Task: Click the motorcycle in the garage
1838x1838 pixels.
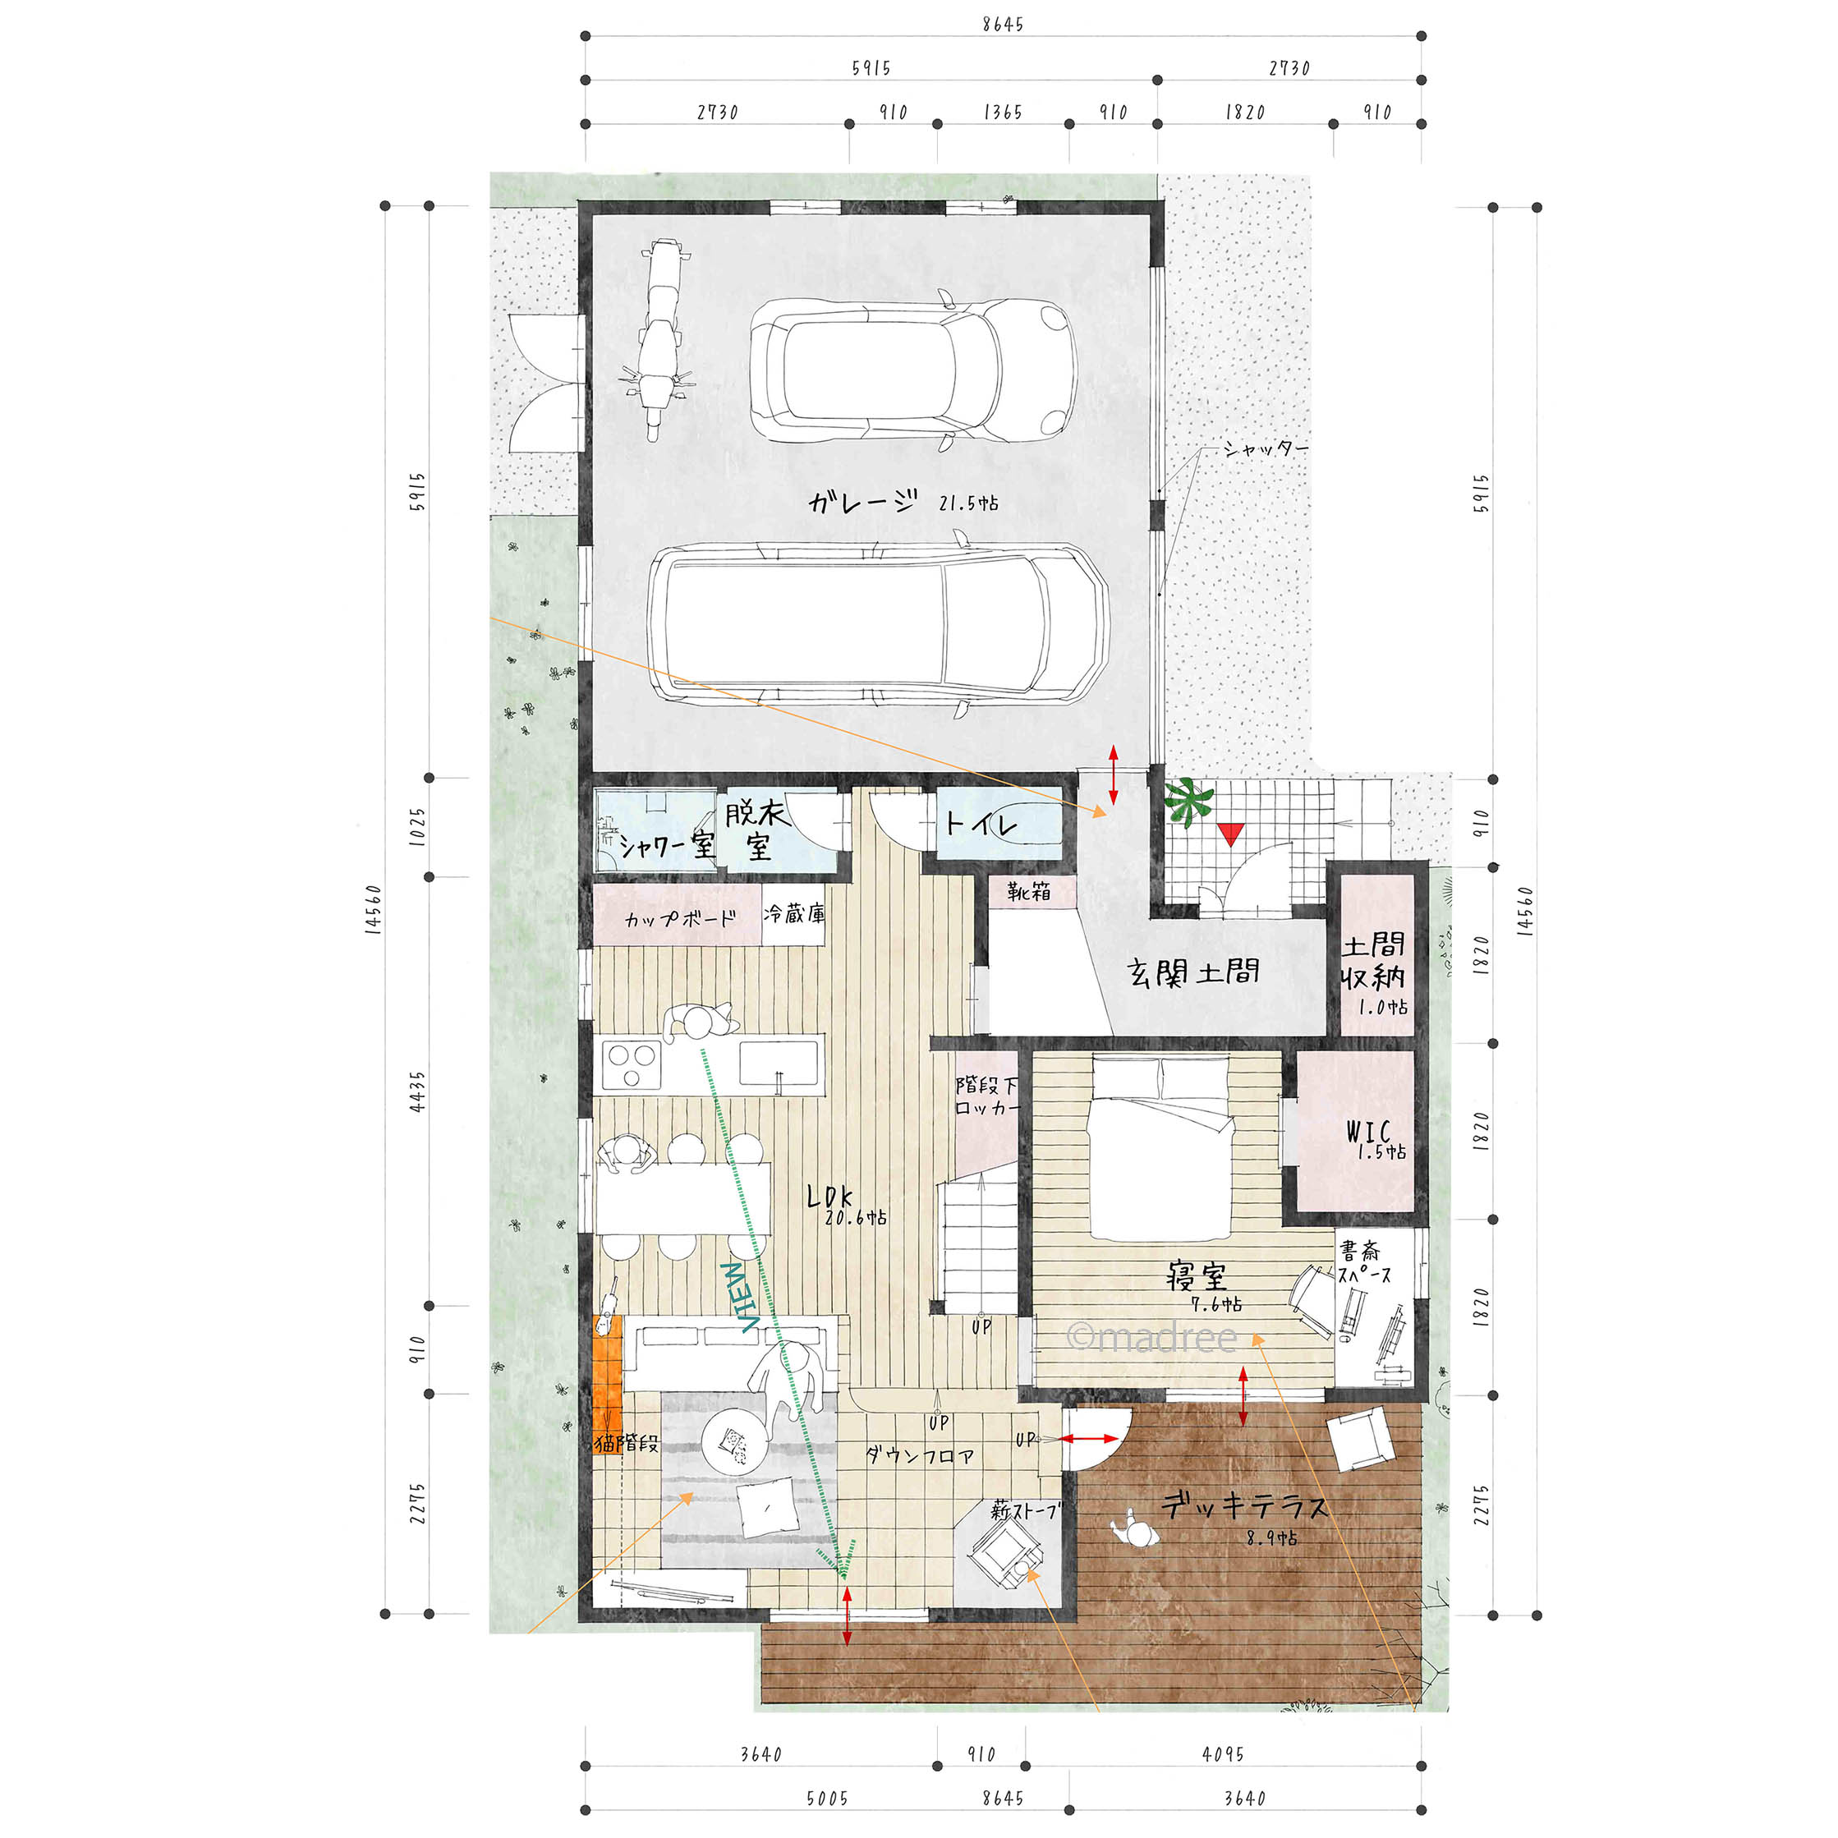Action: (x=654, y=340)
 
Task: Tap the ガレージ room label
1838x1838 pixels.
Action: (x=864, y=501)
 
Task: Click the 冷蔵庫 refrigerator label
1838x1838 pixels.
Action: (x=794, y=914)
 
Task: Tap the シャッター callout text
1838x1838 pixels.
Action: (x=1266, y=448)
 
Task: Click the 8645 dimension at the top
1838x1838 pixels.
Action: (x=1003, y=24)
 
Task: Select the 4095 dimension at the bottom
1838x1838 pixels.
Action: (x=1223, y=1753)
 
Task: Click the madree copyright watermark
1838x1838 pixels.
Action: (x=1152, y=1338)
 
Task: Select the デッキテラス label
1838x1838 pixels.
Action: (x=1243, y=1506)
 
